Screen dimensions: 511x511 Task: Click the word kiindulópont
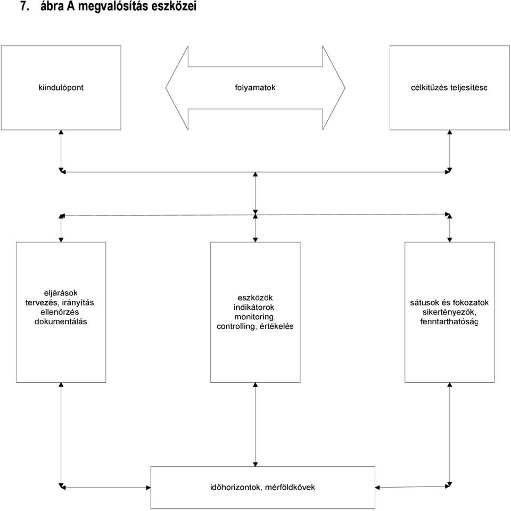pos(61,88)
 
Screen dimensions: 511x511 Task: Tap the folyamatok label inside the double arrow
pos(255,88)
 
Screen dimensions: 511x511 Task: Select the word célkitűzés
pos(429,88)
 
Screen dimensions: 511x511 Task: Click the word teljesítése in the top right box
pos(468,88)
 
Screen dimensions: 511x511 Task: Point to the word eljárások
pos(61,293)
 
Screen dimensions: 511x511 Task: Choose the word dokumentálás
pos(61,322)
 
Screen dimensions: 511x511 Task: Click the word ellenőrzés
pos(60,312)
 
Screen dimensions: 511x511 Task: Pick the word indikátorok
pos(254,307)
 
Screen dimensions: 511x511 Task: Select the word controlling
pos(236,326)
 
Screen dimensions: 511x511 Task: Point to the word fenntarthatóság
pos(449,322)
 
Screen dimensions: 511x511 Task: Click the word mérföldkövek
pos(290,487)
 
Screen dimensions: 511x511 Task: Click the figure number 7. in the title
pos(25,6)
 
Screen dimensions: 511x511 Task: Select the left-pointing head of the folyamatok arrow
pos(177,88)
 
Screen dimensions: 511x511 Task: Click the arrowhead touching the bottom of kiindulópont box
pos(61,132)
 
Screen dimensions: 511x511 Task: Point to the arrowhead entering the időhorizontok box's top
pos(255,464)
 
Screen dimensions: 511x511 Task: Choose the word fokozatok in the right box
pos(471,303)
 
